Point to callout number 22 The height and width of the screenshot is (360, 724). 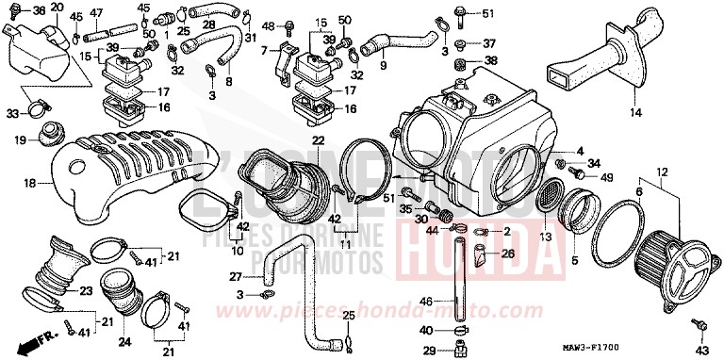pos(318,140)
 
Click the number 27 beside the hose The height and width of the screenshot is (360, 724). pos(236,277)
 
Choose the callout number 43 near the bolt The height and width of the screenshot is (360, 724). pos(700,350)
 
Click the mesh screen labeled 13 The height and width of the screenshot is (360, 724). pos(547,200)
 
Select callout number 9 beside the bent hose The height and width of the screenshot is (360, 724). pos(384,67)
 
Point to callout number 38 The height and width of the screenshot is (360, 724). pos(488,60)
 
